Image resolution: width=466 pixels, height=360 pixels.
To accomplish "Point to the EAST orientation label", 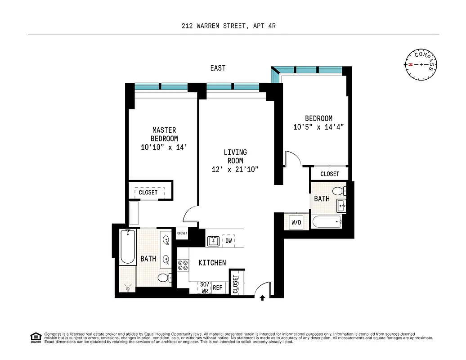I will (x=218, y=68).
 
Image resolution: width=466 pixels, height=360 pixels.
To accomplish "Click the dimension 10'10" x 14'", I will (x=163, y=147).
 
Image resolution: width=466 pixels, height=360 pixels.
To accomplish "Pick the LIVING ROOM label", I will (x=235, y=157).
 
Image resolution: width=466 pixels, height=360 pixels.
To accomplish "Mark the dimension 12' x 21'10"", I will (x=235, y=169).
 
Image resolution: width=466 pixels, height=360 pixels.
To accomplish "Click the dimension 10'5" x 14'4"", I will (x=318, y=127).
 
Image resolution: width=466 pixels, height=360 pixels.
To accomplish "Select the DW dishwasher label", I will (x=229, y=241).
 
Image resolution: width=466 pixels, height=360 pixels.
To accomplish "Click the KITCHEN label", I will (x=212, y=262).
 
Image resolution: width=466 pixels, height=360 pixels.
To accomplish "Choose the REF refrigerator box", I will (x=217, y=288).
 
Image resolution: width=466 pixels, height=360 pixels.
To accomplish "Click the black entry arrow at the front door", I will (x=263, y=297).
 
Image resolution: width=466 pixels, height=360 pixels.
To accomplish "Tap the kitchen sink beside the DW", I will (x=213, y=241).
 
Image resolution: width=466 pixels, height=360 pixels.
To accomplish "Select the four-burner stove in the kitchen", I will (x=183, y=265).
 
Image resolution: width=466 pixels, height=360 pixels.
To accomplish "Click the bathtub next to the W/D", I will (x=326, y=222).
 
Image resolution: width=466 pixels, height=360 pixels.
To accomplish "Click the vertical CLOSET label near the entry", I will (x=235, y=283).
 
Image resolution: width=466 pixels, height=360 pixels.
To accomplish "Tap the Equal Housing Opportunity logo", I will (x=35, y=336).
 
